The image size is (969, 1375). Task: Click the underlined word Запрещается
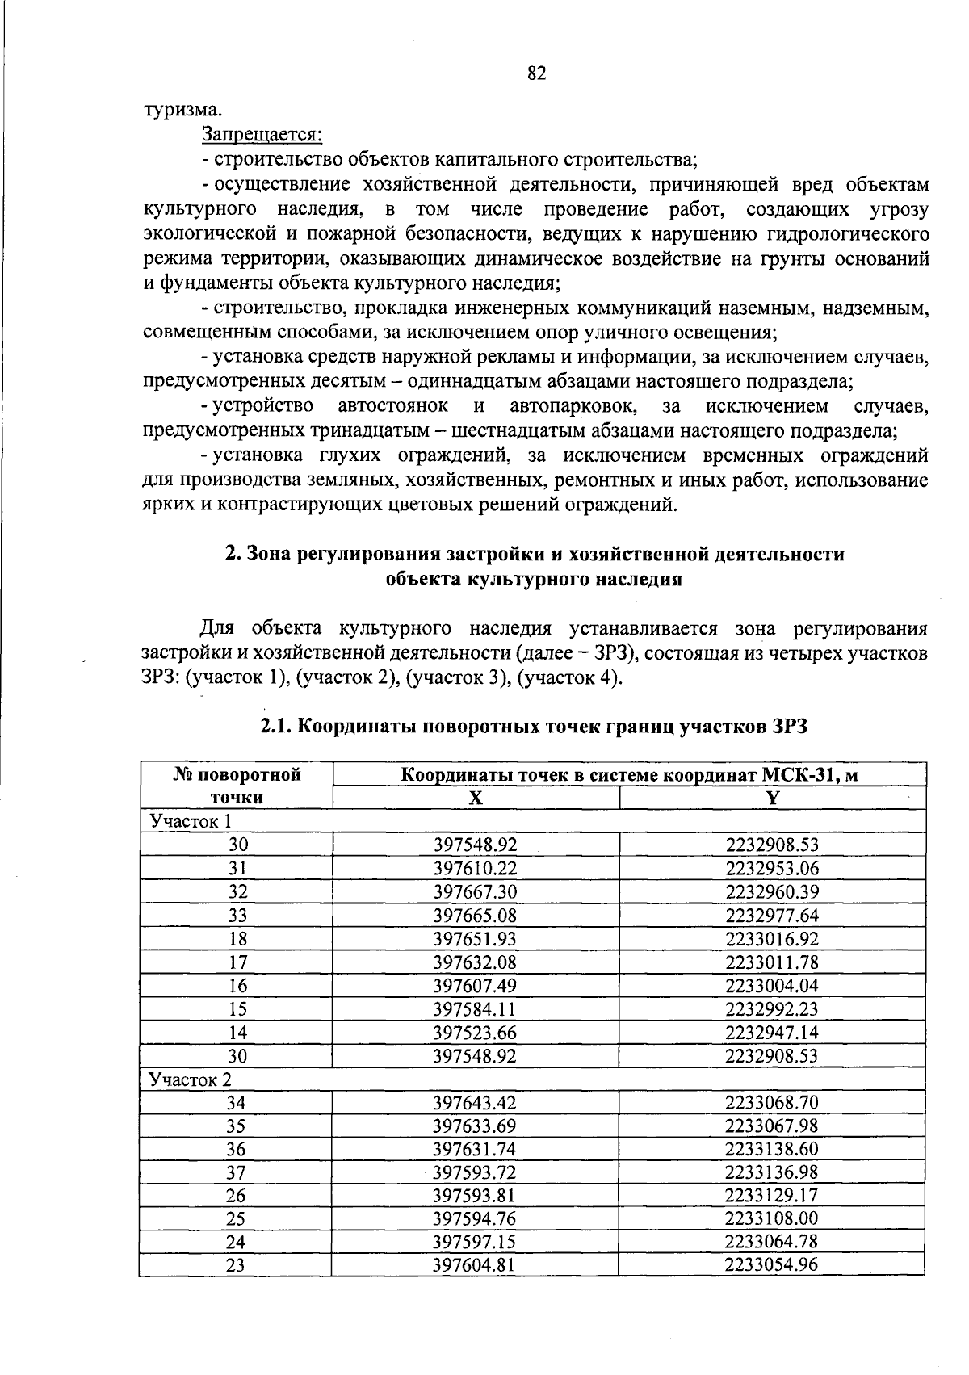[262, 133]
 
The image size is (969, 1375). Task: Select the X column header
[476, 798]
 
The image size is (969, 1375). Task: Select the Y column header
[773, 798]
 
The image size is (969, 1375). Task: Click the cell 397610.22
[475, 868]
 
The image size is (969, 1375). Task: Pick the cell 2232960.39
[772, 891]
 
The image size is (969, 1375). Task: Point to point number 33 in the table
[237, 915]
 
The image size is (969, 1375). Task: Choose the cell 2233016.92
[772, 938]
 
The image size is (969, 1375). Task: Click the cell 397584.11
[475, 1008]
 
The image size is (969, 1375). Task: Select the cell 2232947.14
[772, 1032]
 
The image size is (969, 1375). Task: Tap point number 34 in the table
[236, 1103]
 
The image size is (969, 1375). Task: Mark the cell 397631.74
[475, 1149]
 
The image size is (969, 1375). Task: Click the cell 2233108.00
[772, 1218]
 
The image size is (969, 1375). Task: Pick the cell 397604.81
[475, 1265]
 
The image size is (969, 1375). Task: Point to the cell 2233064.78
[772, 1242]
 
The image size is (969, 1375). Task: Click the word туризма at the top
[182, 109]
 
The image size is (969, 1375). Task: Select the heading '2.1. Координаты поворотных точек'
[534, 726]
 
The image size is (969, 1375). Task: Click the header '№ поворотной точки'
[237, 786]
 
